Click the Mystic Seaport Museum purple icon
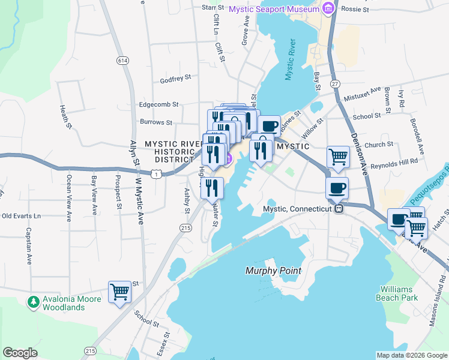pos(328,9)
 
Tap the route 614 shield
pos(123,61)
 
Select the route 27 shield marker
pos(335,83)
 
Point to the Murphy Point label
pos(273,271)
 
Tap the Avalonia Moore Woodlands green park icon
pos(34,299)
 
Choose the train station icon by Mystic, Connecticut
pos(339,209)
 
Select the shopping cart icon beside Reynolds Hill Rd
pos(338,157)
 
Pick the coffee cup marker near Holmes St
pos(270,126)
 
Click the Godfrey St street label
pos(175,78)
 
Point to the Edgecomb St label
pos(159,104)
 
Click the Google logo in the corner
pos(20,353)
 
